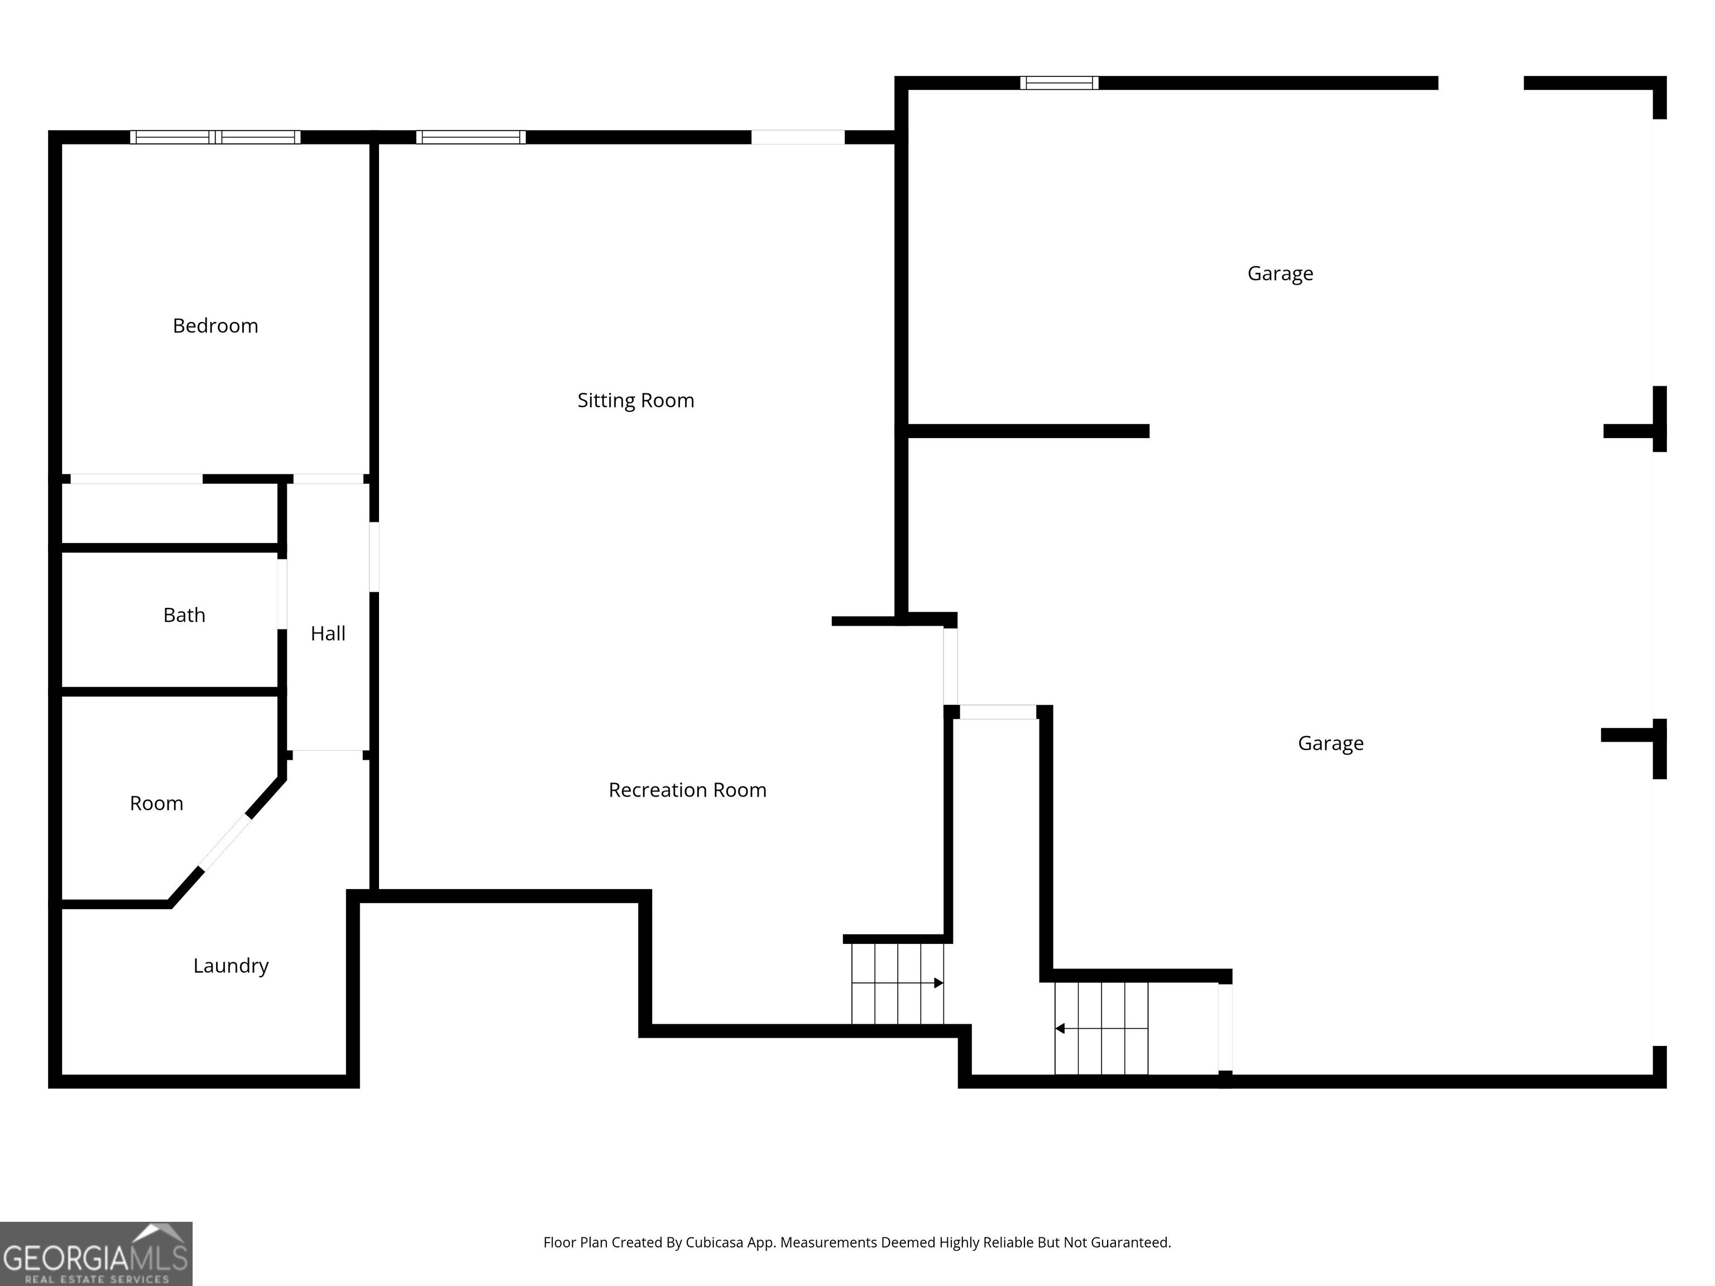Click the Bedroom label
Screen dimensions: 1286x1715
(215, 325)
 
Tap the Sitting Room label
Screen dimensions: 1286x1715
(635, 400)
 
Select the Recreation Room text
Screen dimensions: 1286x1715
(687, 790)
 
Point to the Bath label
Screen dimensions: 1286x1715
(184, 615)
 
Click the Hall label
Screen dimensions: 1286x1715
(327, 634)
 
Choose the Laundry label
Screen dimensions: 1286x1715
(230, 965)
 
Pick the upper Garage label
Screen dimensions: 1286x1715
(1280, 273)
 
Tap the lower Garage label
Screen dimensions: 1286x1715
(1330, 743)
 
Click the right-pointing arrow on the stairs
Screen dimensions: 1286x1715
(938, 983)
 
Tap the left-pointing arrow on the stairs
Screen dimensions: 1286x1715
(1060, 1029)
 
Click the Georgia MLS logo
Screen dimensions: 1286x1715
(95, 1254)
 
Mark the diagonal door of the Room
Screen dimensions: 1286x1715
(226, 842)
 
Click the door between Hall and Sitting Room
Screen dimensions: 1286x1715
(373, 556)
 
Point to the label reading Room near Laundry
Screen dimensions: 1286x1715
(156, 803)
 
